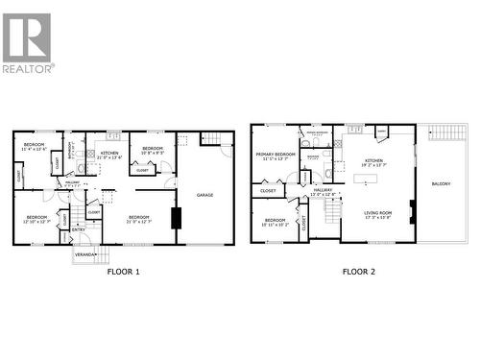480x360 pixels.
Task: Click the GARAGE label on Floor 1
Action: [x=204, y=195]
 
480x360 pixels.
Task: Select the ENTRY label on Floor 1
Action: [x=79, y=228]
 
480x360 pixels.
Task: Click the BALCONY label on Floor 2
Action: [x=441, y=183]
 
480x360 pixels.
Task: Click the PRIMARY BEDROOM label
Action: [x=275, y=154]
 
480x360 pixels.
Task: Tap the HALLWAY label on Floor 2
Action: [x=324, y=190]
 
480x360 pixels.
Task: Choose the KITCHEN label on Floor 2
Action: [x=373, y=160]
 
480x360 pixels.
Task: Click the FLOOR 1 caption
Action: [x=123, y=272]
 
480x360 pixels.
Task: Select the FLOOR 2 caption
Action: [x=359, y=272]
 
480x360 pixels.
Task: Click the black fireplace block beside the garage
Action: [x=176, y=218]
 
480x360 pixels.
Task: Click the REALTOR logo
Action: [x=28, y=43]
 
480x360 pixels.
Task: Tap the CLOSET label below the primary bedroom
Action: [x=268, y=191]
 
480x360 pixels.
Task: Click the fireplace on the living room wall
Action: [x=413, y=211]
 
